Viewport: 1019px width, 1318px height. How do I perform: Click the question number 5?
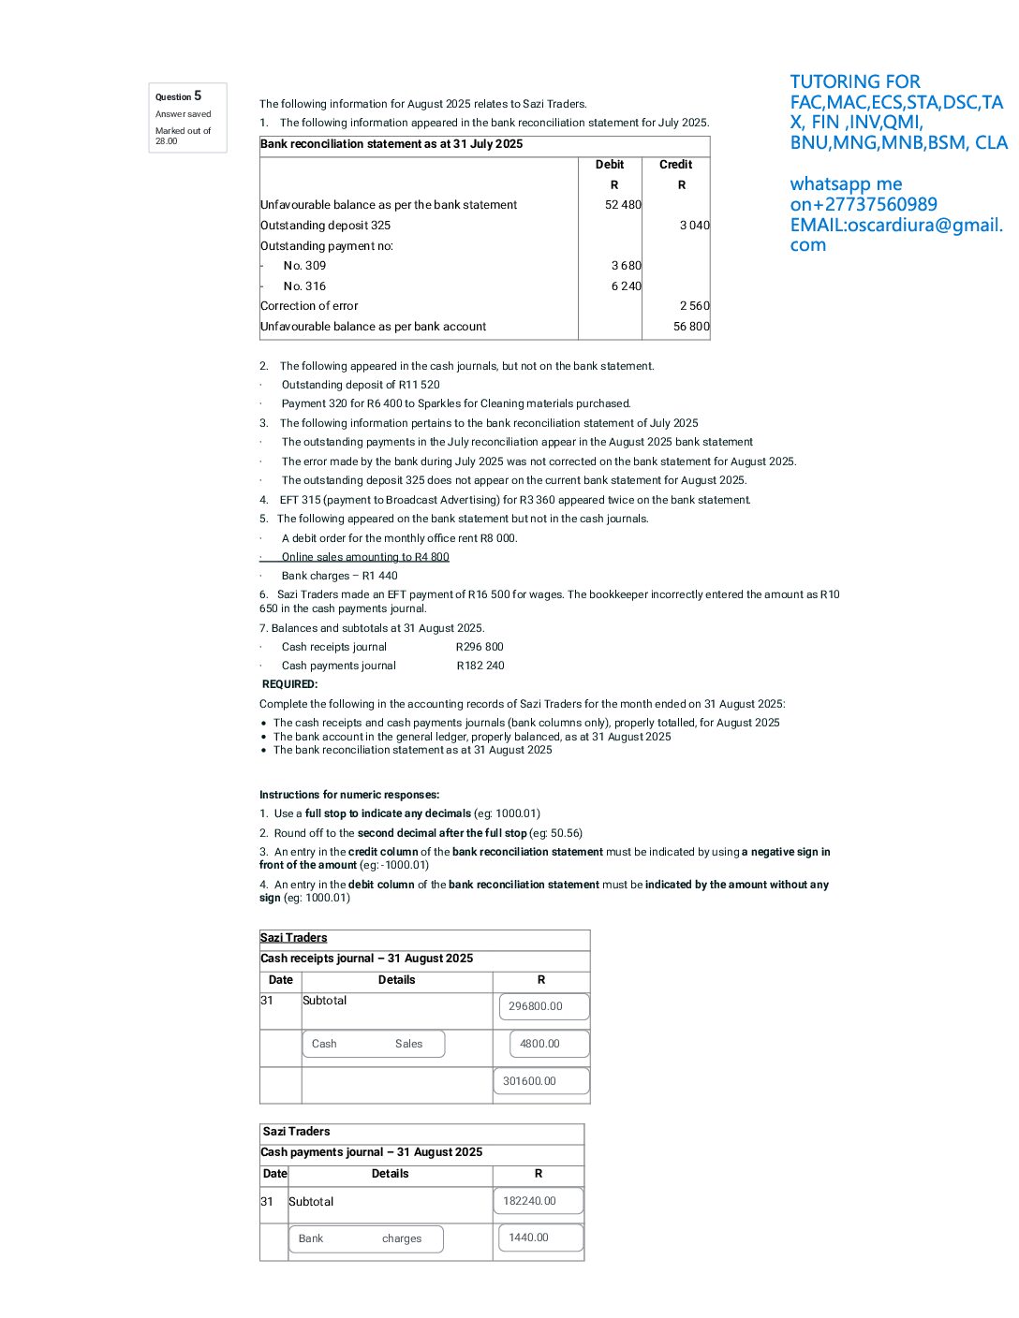198,95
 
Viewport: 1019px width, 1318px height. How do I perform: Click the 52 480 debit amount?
623,205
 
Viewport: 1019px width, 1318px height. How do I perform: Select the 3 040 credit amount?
694,226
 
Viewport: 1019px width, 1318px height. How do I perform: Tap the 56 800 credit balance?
691,327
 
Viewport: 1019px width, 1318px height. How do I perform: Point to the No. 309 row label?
304,266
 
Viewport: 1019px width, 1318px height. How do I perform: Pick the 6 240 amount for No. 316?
626,286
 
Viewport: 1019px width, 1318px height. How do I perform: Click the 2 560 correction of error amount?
694,306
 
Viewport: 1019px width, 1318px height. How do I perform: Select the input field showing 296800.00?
543,1006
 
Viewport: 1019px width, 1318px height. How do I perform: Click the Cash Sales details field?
373,1044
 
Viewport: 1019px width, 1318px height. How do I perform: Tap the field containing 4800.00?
549,1044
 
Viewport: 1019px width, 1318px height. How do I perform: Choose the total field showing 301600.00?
541,1081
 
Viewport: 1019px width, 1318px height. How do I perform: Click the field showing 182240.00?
538,1201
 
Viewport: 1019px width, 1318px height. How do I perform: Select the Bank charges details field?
365,1238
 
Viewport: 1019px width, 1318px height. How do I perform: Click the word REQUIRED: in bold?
289,684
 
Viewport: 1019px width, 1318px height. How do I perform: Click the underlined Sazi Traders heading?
293,938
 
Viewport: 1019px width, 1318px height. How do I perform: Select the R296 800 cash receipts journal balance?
480,647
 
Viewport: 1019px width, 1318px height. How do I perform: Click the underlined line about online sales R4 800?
365,557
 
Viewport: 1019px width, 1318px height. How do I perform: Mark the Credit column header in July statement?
675,165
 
